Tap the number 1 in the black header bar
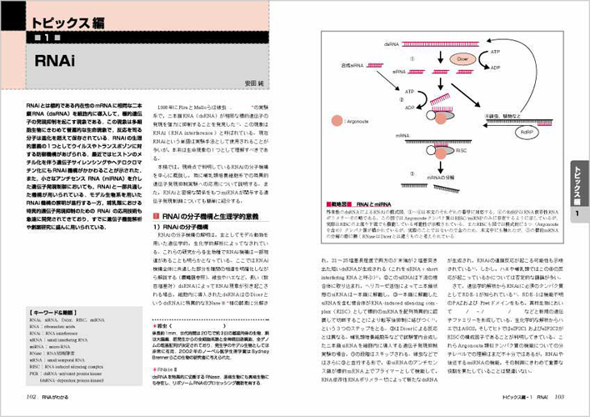click(x=49, y=38)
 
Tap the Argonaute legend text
click(x=354, y=123)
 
